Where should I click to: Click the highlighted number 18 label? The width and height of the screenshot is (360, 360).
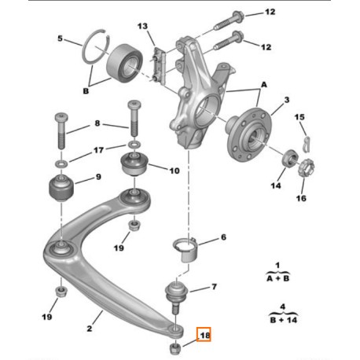pyautogui.click(x=205, y=335)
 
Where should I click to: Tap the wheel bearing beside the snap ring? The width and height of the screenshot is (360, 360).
pyautogui.click(x=125, y=64)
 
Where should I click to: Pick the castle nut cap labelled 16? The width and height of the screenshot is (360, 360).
pyautogui.click(x=306, y=168)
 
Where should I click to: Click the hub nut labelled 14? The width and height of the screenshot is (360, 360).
pyautogui.click(x=291, y=158)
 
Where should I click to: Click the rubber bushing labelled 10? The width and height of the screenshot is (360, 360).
pyautogui.click(x=134, y=164)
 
